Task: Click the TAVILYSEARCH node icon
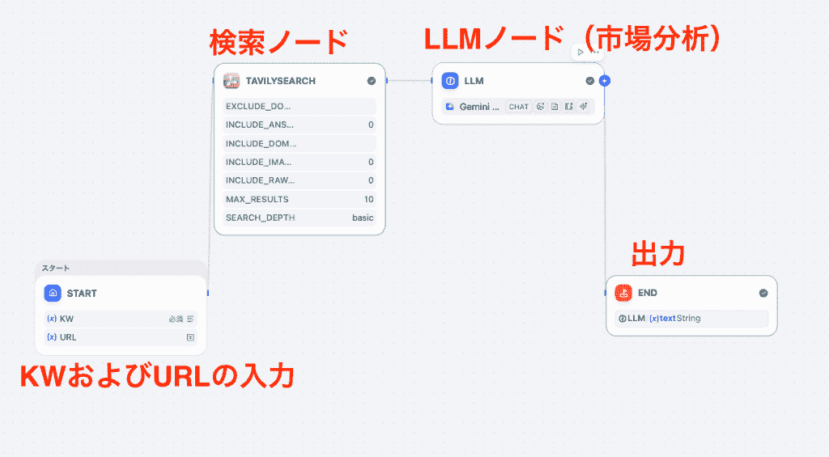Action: (232, 81)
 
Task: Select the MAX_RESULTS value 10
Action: (368, 199)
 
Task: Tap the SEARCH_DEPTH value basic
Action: (363, 218)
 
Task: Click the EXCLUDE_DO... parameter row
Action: (300, 106)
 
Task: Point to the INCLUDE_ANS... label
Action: (260, 125)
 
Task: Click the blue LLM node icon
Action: (450, 81)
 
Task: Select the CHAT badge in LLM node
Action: (518, 107)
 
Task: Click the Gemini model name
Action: (479, 107)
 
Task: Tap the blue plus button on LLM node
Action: (605, 81)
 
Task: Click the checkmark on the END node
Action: (763, 293)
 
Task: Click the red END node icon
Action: (623, 293)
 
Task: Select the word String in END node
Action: (689, 319)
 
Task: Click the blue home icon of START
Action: (53, 293)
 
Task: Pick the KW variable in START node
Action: (66, 319)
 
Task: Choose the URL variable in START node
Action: (68, 337)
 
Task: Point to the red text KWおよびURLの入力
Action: (156, 376)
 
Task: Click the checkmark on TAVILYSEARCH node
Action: (371, 81)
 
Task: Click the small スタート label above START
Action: (56, 268)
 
